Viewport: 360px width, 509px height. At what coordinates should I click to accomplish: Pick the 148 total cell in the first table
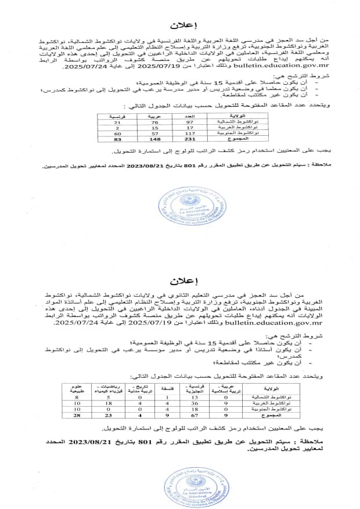154,139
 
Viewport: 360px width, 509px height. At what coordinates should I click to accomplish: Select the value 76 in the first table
154,121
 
